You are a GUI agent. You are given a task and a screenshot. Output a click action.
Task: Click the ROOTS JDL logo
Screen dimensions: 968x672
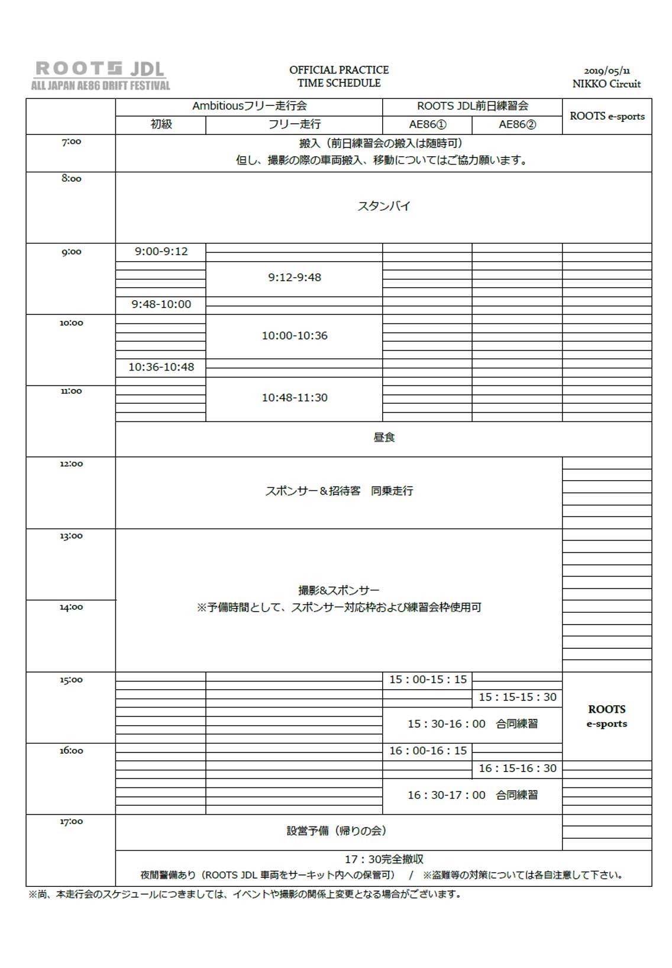coord(100,75)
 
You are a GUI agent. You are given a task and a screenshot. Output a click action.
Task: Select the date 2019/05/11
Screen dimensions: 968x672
coord(606,71)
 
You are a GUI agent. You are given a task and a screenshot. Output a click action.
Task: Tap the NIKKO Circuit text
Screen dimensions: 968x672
coord(606,84)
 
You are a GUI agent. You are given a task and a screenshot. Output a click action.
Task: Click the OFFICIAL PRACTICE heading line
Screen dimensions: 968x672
coord(339,70)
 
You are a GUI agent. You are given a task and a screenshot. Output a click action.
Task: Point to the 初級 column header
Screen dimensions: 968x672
coord(161,124)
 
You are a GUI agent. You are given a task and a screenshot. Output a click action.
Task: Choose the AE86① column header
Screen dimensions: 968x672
coord(428,124)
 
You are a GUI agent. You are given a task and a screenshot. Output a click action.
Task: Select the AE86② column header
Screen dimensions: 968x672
coord(517,124)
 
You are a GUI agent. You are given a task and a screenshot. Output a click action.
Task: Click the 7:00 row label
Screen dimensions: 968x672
coord(71,142)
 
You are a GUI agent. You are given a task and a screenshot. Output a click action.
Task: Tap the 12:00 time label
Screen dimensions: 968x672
coord(71,464)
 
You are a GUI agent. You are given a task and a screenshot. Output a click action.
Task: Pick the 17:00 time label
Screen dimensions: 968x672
coord(71,822)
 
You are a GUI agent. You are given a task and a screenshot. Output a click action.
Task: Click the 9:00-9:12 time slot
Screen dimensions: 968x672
coord(161,252)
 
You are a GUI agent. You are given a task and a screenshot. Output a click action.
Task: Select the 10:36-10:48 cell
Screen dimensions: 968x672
coord(161,367)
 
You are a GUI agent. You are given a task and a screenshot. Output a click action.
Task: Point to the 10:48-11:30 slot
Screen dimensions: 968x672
coord(295,398)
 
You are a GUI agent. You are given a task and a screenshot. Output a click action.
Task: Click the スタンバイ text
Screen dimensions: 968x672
coord(384,207)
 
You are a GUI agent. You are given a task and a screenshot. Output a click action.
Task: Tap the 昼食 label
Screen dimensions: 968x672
coord(384,438)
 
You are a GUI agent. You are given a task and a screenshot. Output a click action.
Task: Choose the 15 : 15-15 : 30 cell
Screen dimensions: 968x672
coord(518,697)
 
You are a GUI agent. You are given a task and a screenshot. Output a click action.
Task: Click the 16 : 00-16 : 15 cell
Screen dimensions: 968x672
coord(428,751)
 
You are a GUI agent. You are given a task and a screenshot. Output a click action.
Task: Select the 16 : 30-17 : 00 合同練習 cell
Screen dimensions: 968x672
coord(472,795)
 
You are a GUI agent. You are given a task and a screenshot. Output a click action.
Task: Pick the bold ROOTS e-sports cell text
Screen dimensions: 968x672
coord(606,716)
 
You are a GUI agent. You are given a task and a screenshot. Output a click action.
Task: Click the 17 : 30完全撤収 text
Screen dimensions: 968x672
coord(384,859)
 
